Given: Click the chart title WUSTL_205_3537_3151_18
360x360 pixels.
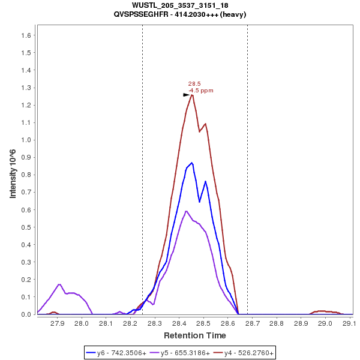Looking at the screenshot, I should point(179,5).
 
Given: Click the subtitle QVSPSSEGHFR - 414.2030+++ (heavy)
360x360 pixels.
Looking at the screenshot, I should point(179,14).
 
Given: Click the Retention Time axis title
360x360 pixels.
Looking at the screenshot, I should point(195,335).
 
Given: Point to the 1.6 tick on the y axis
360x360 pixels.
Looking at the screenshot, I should point(26,35).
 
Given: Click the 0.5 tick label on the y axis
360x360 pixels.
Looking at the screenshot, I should point(26,227).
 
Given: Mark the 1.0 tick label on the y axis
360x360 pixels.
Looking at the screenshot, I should point(26,140).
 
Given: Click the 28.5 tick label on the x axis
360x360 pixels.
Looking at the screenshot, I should point(203,323).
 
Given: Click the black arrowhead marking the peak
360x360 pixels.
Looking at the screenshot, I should point(187,95).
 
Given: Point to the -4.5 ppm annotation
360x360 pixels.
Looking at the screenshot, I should point(201,91).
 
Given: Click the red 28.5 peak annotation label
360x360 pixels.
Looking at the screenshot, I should point(194,84).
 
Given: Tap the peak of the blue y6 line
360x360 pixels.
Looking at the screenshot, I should point(191,163).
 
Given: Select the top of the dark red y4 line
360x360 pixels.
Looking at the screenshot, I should point(192,95).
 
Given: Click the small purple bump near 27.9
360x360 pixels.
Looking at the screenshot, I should point(59,284).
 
